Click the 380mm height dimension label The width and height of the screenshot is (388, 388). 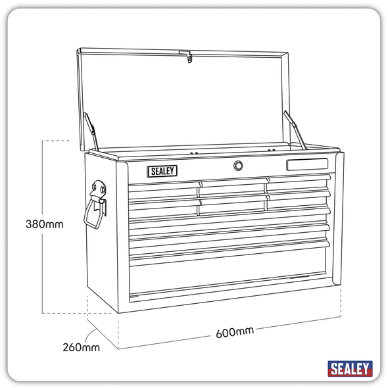coord(44,224)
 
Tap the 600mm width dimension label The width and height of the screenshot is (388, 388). coord(234,331)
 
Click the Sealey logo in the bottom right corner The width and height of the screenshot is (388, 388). coord(350,368)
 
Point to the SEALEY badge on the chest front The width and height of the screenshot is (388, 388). coord(162,171)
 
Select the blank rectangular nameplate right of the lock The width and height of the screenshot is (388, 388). coord(307,164)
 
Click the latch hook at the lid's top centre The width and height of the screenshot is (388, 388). coord(189,57)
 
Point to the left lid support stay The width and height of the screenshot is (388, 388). coord(92,130)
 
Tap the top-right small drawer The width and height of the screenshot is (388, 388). coord(297,182)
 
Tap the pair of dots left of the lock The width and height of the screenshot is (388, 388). coord(194,154)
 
